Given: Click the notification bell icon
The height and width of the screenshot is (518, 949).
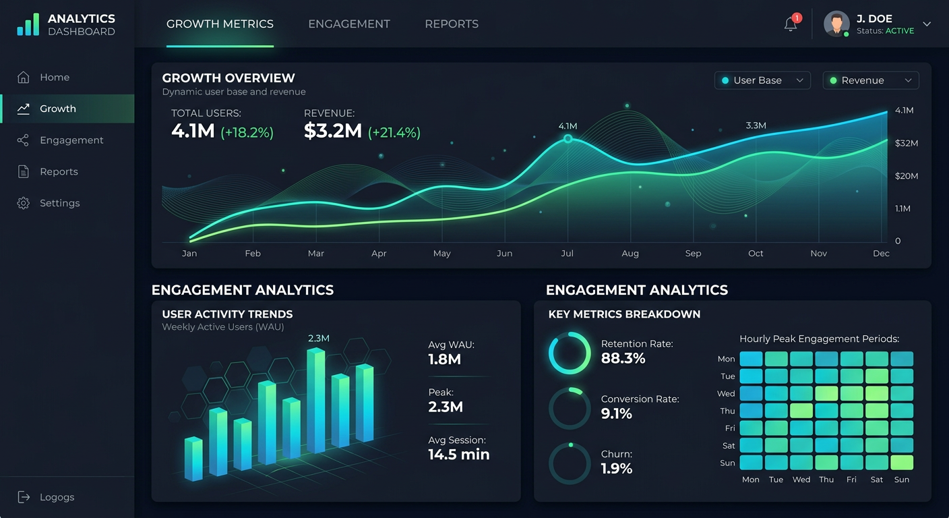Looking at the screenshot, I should (791, 24).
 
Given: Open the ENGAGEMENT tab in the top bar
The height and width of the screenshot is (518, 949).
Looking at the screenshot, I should (349, 24).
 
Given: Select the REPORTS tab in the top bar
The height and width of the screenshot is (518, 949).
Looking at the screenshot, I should (452, 24).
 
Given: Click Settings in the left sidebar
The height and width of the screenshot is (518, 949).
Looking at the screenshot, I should (59, 203).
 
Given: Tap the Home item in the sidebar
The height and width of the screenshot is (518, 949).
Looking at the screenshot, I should (54, 78).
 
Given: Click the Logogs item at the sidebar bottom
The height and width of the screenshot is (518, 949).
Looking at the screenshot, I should (57, 497).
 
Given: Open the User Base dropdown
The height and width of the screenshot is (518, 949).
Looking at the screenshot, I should (762, 80).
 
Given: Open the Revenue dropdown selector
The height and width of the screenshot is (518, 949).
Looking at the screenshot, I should (871, 80).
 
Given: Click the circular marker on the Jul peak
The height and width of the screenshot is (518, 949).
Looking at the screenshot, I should (568, 138).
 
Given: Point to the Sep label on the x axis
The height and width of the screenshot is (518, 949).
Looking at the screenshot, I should (693, 254).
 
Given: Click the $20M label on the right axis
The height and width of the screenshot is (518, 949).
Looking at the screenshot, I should (907, 176).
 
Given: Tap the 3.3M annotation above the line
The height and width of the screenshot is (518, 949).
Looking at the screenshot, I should (756, 125).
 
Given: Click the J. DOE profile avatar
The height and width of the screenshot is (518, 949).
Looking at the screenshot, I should (836, 24).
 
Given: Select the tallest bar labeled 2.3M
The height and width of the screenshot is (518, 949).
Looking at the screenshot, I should (315, 401).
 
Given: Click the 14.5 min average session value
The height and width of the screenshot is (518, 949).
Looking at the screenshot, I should (459, 455).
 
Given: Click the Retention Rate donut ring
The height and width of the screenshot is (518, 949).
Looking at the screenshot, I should (570, 353).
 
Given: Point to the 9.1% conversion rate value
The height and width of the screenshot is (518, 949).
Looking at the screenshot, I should (617, 414).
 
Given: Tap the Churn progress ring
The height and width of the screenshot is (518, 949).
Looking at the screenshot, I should (570, 463).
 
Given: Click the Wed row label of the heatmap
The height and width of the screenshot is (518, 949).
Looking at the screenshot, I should (726, 394).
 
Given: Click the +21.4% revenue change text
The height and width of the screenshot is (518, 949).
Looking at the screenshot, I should (394, 132).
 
